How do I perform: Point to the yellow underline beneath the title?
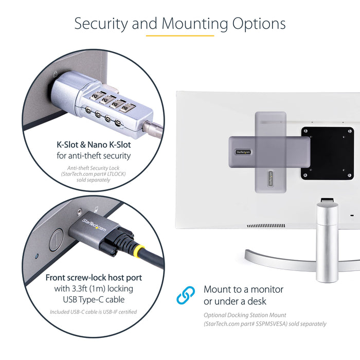pyautogui.click(x=179, y=36)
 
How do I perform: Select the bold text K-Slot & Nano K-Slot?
pyautogui.click(x=94, y=145)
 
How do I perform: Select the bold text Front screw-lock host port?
pyautogui.click(x=94, y=278)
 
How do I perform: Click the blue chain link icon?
pyautogui.click(x=186, y=295)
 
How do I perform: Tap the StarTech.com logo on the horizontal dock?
pyautogui.click(x=244, y=152)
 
